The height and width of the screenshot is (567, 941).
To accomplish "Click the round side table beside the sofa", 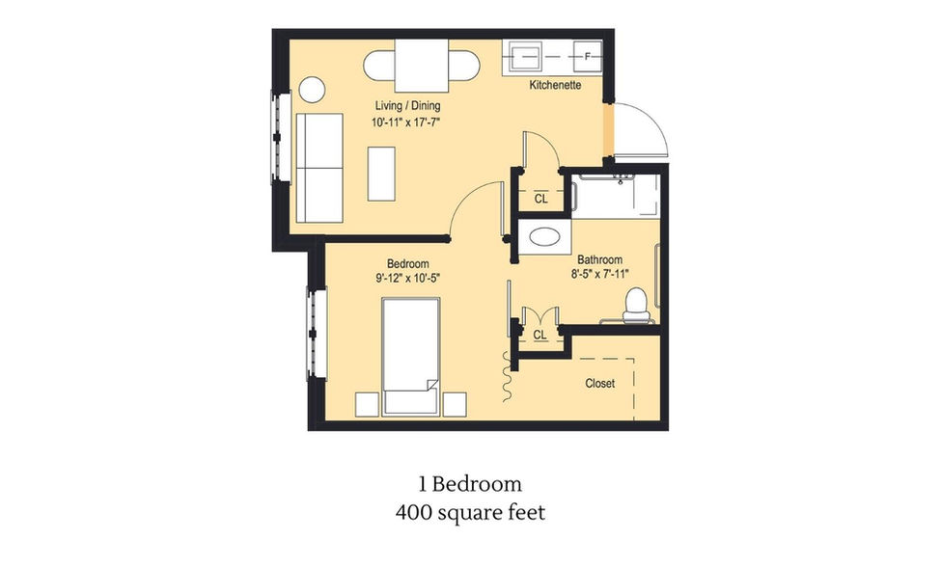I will pos(312,90).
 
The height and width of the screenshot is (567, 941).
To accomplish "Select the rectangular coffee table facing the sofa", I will pos(382,173).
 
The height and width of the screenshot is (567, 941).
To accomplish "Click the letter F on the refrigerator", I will pos(587,56).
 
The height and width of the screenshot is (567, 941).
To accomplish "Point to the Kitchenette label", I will pos(555,86).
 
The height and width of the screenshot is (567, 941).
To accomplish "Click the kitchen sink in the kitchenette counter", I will pos(527,56).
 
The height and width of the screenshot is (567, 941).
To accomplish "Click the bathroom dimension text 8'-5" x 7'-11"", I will pos(599,274).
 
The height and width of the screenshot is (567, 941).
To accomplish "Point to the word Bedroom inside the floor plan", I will pos(408,264).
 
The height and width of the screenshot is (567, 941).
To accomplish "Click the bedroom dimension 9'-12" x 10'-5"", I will pos(408,278).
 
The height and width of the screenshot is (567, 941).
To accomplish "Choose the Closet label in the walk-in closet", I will pos(599,383).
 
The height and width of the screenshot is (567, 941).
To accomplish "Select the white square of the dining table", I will pos(421,67).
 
